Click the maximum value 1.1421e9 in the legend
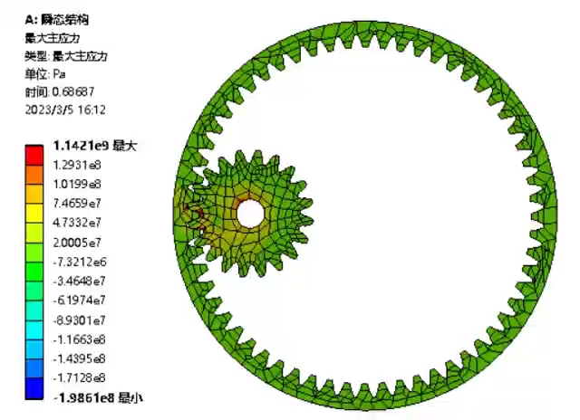point(81,146)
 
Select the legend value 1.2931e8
point(77,165)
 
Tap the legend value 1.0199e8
point(77,184)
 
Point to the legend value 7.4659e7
point(77,203)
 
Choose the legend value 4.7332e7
point(77,223)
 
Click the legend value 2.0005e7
point(77,243)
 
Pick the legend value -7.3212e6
point(80,262)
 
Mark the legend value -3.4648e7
point(79,282)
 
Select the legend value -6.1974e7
point(79,301)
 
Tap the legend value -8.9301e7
point(79,320)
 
